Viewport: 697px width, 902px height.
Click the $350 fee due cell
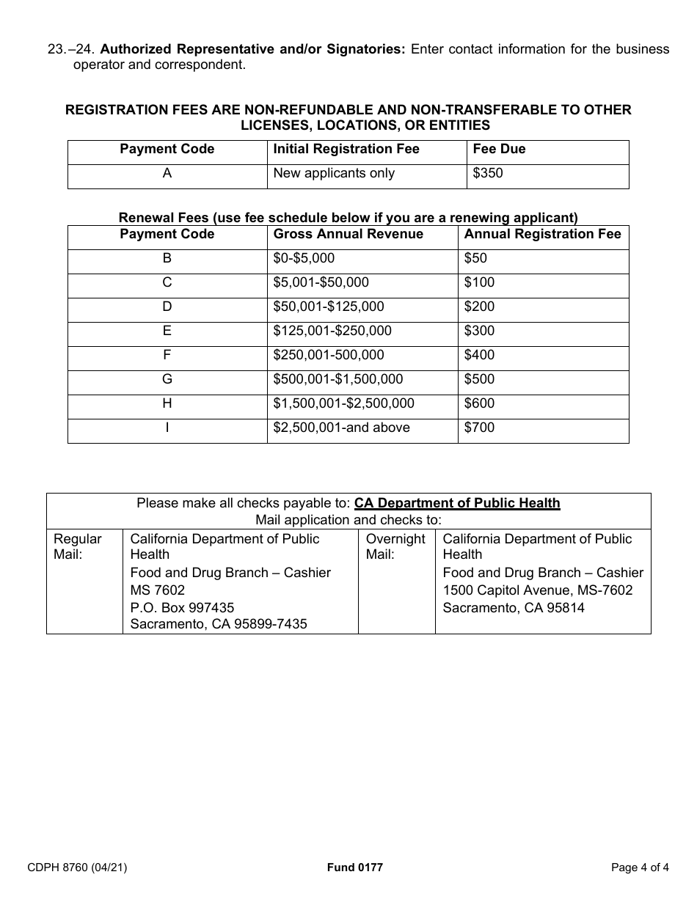(x=488, y=174)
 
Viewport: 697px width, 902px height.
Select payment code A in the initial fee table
(x=167, y=174)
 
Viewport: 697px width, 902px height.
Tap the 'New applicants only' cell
(x=334, y=174)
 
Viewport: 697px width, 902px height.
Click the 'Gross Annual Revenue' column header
(x=348, y=235)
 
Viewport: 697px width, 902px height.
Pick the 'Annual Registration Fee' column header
(x=542, y=235)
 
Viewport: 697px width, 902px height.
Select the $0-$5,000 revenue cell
(x=304, y=258)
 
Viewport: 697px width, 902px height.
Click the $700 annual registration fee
(x=479, y=428)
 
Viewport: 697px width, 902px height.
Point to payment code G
(x=167, y=379)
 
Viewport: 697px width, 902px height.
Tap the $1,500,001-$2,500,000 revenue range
(x=343, y=403)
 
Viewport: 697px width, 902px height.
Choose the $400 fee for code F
(x=479, y=355)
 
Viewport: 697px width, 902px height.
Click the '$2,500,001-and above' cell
(x=341, y=428)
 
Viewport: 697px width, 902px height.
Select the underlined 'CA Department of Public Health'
(x=457, y=503)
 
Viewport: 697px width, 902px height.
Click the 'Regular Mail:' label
(x=78, y=546)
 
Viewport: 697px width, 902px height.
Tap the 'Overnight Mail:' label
(x=395, y=546)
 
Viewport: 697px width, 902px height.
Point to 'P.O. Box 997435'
(x=182, y=607)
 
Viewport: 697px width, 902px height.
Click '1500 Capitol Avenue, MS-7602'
(x=537, y=590)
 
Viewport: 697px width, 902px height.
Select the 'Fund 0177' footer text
(x=354, y=868)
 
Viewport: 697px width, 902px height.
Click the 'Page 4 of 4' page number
(x=640, y=868)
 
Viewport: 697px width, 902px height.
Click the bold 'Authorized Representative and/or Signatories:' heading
(x=252, y=49)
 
